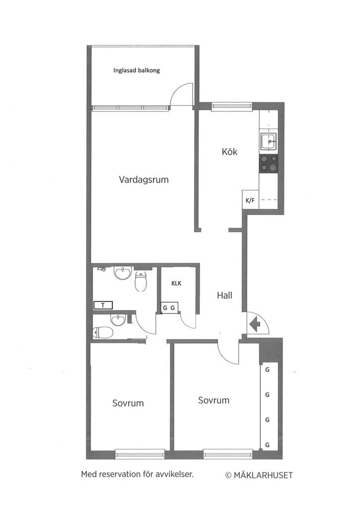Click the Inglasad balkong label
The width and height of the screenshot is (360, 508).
click(x=136, y=70)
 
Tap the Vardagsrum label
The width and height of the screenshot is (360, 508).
click(x=144, y=179)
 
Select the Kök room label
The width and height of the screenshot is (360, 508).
click(x=229, y=152)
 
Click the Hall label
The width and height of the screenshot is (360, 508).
click(x=224, y=295)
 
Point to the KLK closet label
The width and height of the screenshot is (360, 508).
click(x=176, y=283)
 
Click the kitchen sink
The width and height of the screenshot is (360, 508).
click(x=269, y=142)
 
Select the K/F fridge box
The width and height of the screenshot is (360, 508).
click(x=250, y=200)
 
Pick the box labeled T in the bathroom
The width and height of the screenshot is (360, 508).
click(x=103, y=305)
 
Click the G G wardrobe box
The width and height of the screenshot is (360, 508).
click(x=169, y=308)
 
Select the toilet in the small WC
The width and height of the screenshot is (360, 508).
click(x=103, y=332)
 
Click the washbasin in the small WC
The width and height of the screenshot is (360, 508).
click(x=119, y=320)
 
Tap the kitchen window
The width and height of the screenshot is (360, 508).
click(x=227, y=107)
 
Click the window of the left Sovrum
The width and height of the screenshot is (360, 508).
click(x=139, y=454)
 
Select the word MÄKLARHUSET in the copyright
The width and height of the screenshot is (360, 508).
click(x=263, y=475)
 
